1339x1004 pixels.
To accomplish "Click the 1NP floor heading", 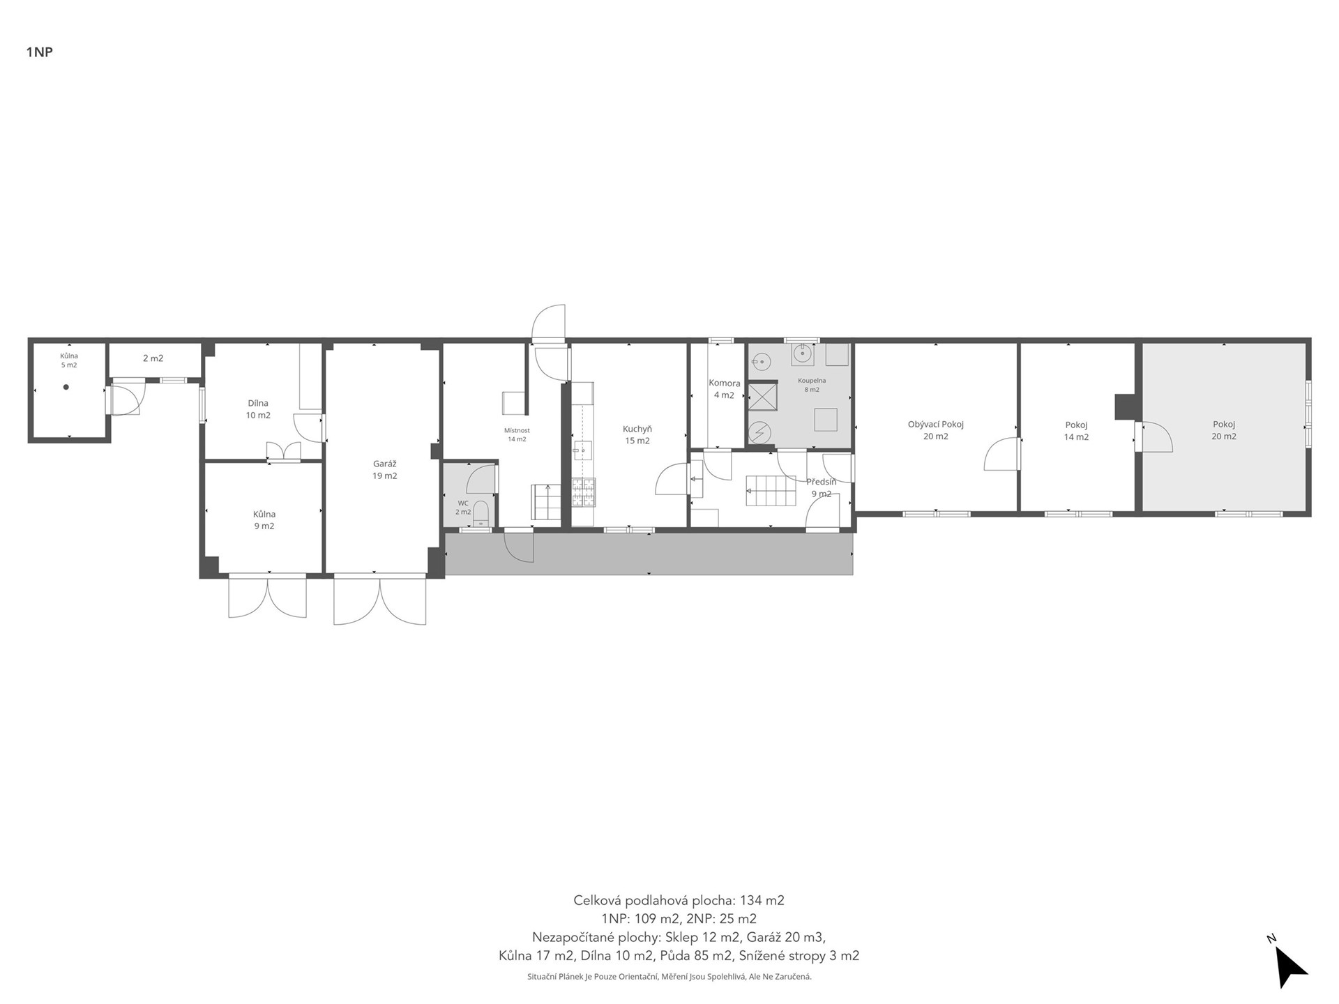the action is pos(40,52).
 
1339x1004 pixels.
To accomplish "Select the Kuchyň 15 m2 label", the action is pos(637,435).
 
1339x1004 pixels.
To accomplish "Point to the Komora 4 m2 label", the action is pos(725,389).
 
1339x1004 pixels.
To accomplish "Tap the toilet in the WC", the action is pos(481,512).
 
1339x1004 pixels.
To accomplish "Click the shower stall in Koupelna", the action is pos(762,397).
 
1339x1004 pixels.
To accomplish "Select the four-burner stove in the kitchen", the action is pos(584,492).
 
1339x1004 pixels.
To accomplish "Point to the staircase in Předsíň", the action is pos(771,490).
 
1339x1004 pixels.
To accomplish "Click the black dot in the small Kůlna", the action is pos(66,387).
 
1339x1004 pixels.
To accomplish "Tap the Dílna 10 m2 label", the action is pos(258,409).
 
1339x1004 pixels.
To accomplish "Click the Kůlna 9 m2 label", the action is pos(264,520).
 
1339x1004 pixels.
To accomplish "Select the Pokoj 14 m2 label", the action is pos(1076,431).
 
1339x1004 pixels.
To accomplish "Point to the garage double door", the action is pos(380,600).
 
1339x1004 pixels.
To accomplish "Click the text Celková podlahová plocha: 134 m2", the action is pos(679,900).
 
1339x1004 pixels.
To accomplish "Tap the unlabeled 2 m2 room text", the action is pos(153,358).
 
